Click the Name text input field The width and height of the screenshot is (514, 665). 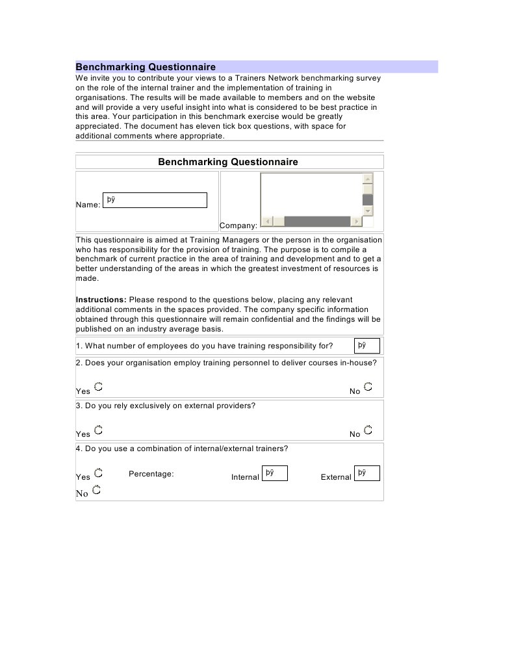[x=155, y=200]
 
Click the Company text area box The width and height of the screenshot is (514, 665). [x=311, y=194]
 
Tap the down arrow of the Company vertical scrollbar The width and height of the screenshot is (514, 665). [x=368, y=211]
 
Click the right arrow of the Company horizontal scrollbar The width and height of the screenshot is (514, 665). [x=356, y=222]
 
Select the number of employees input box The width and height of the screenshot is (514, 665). [x=367, y=346]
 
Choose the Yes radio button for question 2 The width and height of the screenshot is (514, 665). [x=98, y=387]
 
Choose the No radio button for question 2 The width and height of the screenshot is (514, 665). [x=368, y=387]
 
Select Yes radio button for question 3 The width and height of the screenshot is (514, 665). [x=98, y=430]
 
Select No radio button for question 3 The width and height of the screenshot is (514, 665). [x=368, y=430]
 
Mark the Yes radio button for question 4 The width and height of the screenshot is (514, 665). [x=98, y=473]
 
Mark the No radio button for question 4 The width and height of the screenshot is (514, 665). [x=96, y=489]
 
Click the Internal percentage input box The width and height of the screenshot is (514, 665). [x=274, y=473]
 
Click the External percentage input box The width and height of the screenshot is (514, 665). [x=367, y=473]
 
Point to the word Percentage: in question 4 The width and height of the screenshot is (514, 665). [x=151, y=474]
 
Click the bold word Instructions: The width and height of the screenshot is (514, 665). [x=101, y=300]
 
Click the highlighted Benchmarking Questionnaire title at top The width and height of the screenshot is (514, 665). [x=146, y=67]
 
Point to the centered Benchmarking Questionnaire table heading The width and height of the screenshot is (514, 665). [x=228, y=162]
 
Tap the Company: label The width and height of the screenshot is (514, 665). [x=238, y=226]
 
